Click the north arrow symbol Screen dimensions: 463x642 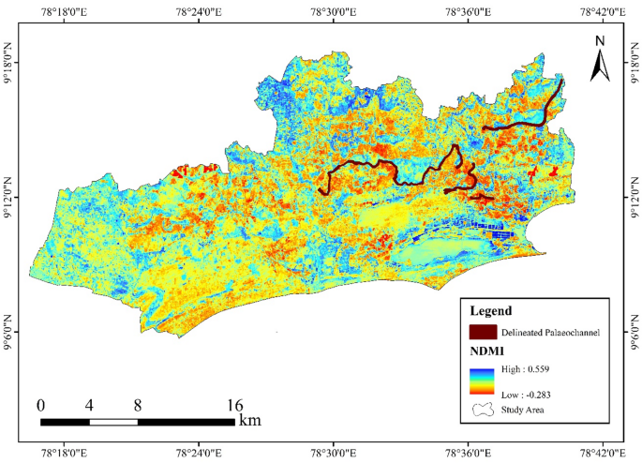coord(600,65)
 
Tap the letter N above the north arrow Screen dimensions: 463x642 coord(600,40)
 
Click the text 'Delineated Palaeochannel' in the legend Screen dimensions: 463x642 coord(550,332)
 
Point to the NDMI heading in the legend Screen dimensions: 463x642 coord(487,352)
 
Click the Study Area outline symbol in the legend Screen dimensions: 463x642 coord(485,410)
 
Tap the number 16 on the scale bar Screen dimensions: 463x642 coord(234,406)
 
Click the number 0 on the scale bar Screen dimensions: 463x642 coord(40,406)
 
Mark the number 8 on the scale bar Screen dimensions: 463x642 coord(138,406)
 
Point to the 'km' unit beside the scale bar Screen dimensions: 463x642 coord(249,421)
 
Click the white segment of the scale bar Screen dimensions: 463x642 coord(113,422)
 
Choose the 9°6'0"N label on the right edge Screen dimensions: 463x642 coord(633,333)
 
